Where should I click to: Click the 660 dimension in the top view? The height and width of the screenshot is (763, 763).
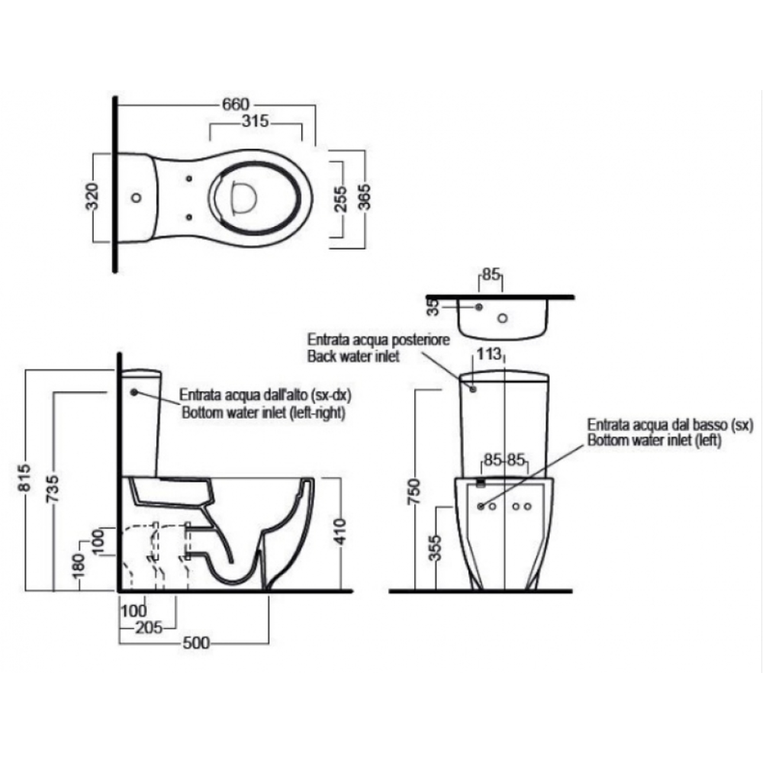[x=236, y=105]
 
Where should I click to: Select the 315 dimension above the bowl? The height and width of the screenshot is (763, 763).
[x=256, y=121]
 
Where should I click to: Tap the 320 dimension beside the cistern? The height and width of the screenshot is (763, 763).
[x=92, y=197]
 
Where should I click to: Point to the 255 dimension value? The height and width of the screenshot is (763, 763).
[x=340, y=198]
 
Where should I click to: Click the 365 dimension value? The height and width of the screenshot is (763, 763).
[x=364, y=197]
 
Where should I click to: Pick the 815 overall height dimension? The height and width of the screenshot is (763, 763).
[x=25, y=478]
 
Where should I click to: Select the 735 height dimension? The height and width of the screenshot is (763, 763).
[x=52, y=488]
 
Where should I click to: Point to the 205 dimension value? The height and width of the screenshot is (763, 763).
[x=149, y=627]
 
